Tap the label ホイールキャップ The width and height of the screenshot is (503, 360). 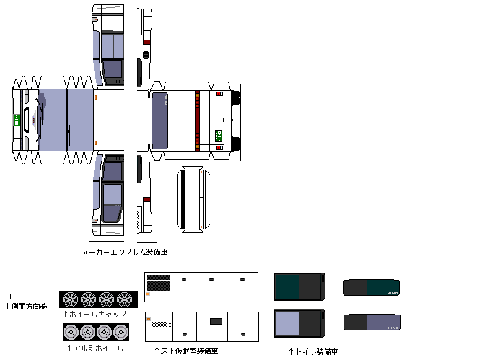(x=96, y=315)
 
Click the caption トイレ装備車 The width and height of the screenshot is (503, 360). (x=312, y=351)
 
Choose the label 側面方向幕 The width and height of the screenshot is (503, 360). (x=26, y=307)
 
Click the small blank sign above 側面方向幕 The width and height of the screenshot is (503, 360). (x=19, y=296)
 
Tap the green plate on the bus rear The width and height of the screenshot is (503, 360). (x=219, y=134)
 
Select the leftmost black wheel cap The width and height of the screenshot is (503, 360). (x=70, y=299)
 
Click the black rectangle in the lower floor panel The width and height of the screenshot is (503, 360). (x=215, y=321)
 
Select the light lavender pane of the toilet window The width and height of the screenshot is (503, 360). (x=287, y=325)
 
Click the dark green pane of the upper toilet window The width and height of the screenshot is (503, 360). (x=287, y=286)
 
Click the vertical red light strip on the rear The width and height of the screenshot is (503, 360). (x=196, y=120)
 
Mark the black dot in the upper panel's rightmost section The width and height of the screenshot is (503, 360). (x=243, y=279)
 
